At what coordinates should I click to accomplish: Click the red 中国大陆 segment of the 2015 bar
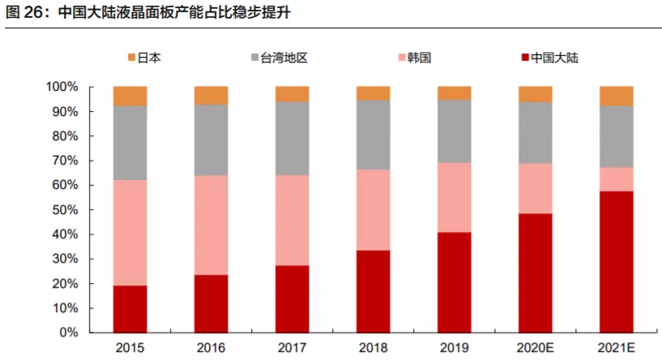coord(130,309)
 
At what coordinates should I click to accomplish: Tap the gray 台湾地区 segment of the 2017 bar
coord(292,138)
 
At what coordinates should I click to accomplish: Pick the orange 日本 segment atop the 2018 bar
coord(373,92)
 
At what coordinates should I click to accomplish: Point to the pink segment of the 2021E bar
coord(616,178)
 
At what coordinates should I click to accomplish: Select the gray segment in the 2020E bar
coord(535,132)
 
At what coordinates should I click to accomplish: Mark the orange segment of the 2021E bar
coord(616,96)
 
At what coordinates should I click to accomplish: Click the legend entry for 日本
coord(143,58)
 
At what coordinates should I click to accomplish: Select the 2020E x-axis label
coord(535,348)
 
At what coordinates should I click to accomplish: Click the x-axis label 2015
coord(130,348)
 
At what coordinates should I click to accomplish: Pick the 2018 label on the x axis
coord(373,348)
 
